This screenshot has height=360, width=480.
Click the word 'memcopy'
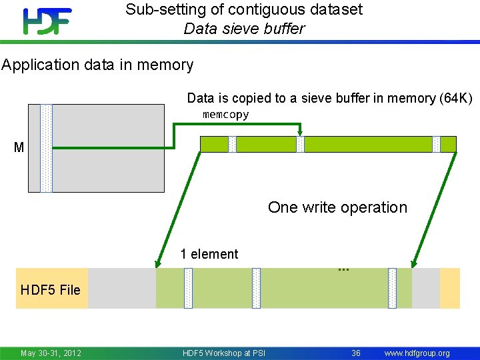point(225,115)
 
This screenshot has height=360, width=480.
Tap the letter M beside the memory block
point(19,147)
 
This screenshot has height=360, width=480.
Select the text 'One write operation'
point(337,207)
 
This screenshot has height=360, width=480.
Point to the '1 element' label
point(209,254)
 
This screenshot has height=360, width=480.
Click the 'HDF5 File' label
point(51,289)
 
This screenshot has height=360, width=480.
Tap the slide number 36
point(356,353)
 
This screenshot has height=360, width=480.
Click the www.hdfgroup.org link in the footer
point(417,353)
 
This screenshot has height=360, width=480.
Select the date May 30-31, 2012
point(51,353)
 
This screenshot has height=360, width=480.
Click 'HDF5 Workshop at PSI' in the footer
point(224,353)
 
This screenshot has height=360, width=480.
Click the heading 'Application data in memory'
point(97,65)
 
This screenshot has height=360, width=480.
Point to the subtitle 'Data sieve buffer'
point(244,29)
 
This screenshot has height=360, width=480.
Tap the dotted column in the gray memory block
point(46,148)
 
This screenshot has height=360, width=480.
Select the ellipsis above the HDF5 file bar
point(343,269)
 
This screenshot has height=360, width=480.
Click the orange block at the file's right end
point(450,288)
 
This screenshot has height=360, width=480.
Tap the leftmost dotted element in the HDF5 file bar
point(188,288)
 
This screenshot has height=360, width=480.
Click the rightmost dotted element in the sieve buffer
point(437,144)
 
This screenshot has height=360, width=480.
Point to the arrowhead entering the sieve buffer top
point(300,131)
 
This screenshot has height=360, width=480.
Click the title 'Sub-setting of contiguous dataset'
point(244,9)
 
